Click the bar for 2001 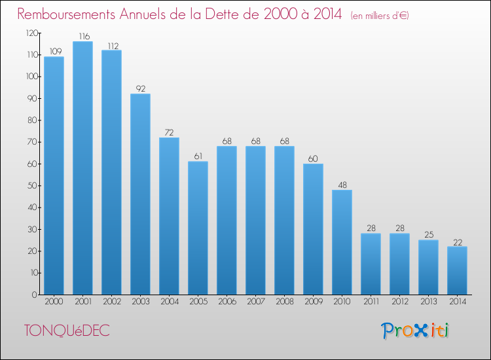[x=82, y=168]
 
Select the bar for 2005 [x=198, y=228]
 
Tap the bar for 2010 [x=342, y=242]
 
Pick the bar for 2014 [x=457, y=270]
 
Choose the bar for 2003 [x=140, y=194]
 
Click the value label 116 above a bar [x=82, y=37]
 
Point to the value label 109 [x=54, y=52]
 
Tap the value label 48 [x=342, y=185]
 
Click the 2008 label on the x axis [x=284, y=302]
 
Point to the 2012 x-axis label [x=399, y=302]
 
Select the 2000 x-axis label [x=54, y=302]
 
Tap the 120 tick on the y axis [x=30, y=33]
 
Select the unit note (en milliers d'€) [x=371, y=16]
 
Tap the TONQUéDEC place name [x=67, y=331]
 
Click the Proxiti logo [x=416, y=331]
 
